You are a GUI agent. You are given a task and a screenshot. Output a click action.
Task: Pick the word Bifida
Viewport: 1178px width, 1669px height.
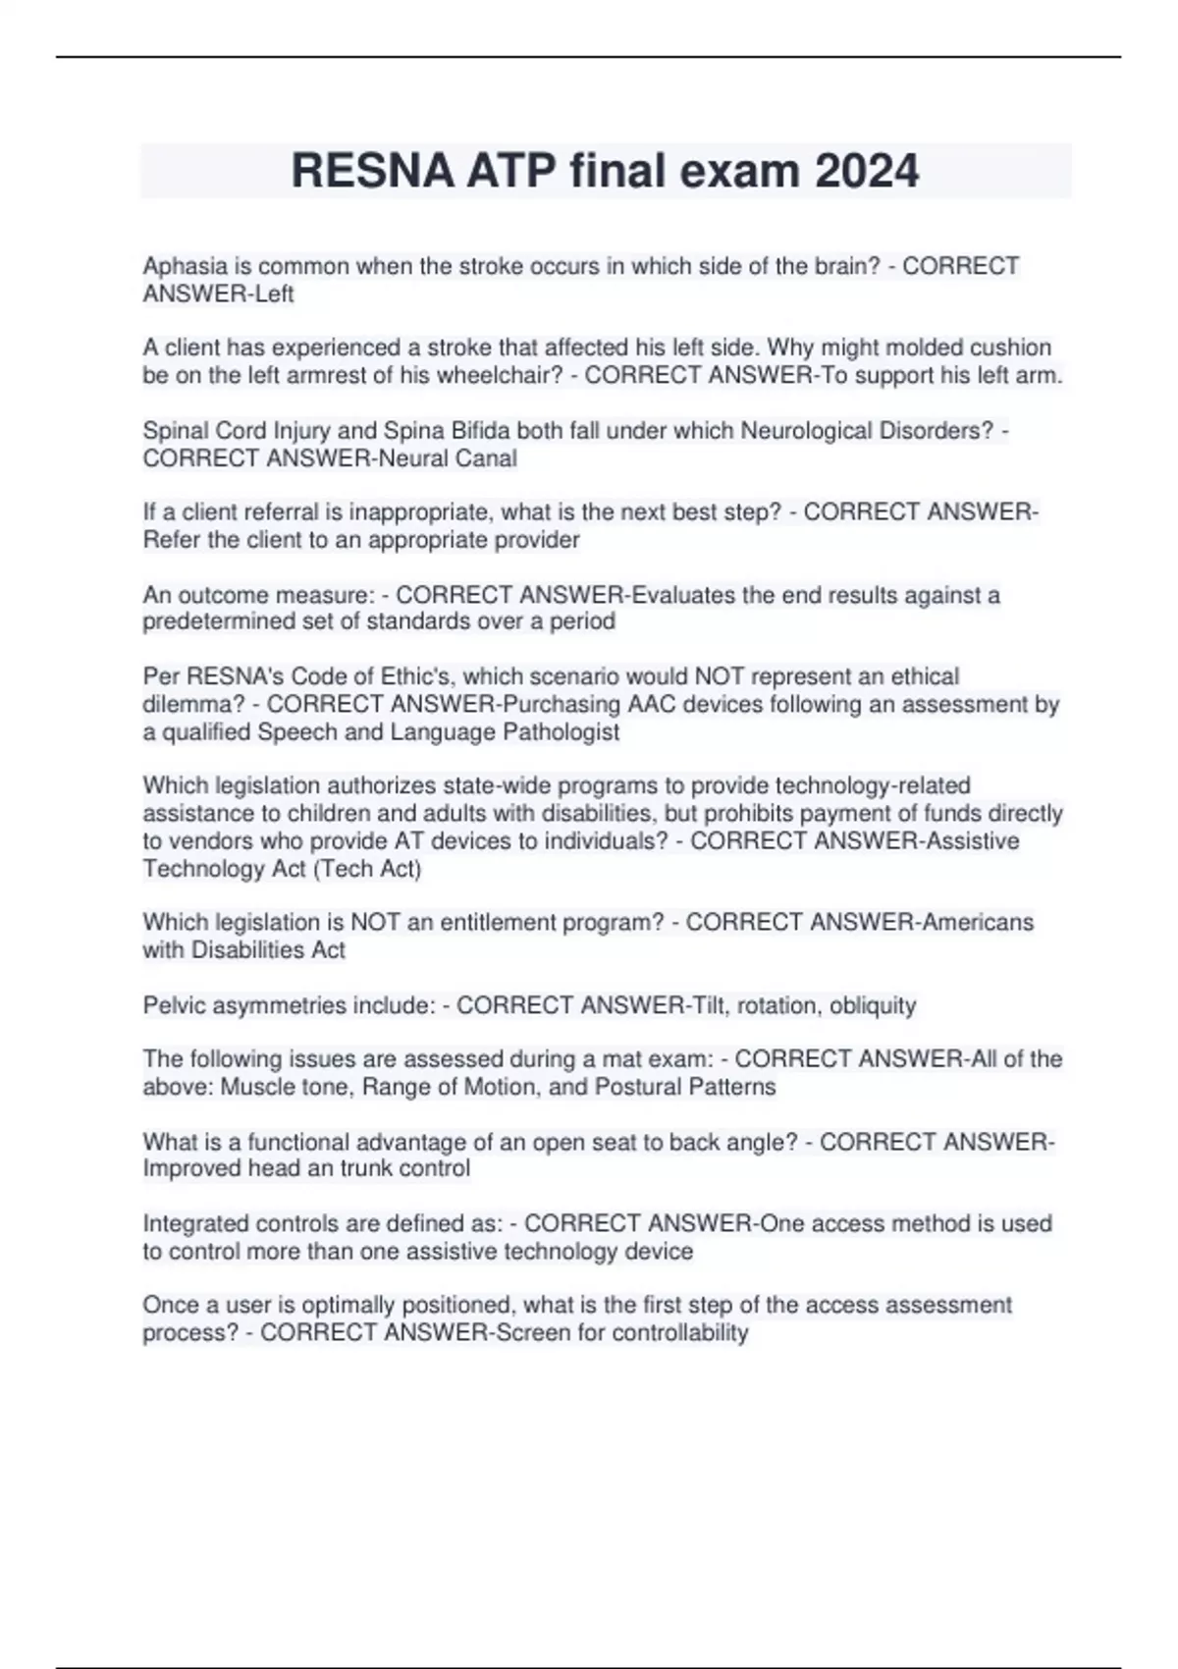coord(478,431)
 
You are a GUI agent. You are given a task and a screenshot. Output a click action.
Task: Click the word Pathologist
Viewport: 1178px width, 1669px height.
coord(561,731)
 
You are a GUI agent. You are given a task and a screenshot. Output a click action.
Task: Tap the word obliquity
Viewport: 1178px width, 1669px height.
coord(872,1005)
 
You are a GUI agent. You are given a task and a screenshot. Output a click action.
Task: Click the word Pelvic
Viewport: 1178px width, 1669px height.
coord(174,1005)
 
